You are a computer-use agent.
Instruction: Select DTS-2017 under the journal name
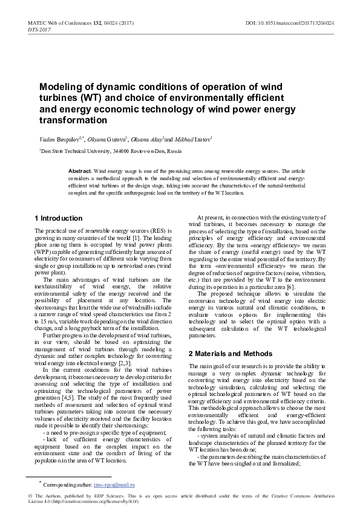point(39,29)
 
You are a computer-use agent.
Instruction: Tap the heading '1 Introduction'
point(59,218)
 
